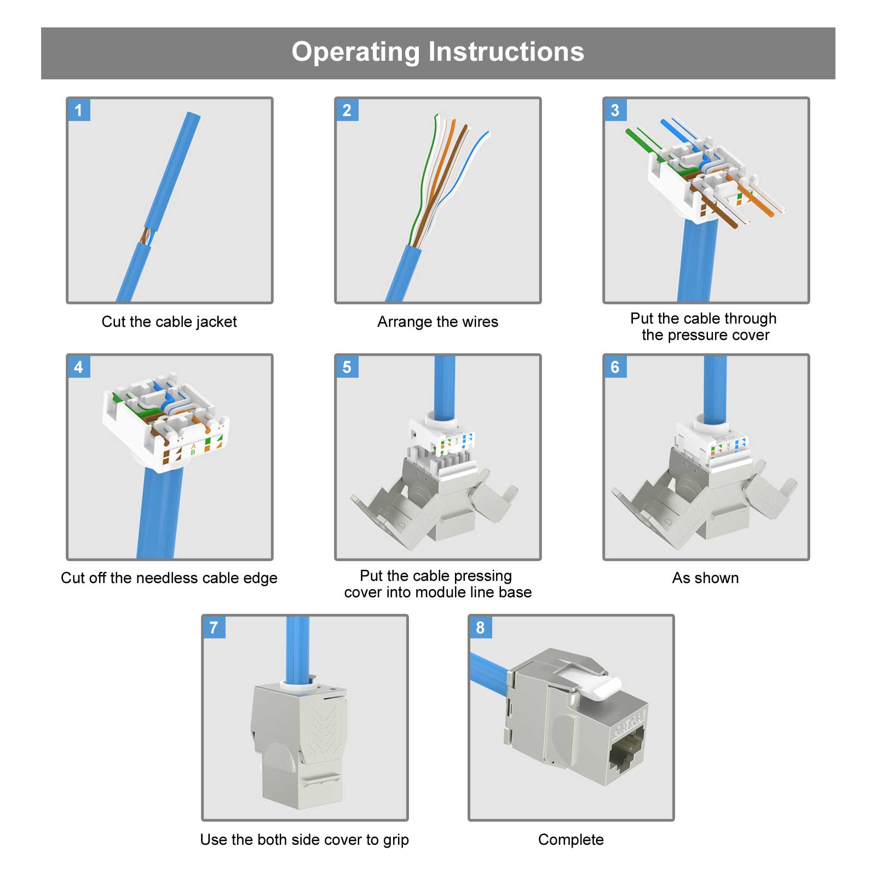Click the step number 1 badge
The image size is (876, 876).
click(x=78, y=110)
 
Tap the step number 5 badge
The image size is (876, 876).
click(x=347, y=367)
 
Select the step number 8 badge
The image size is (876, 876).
click(x=480, y=627)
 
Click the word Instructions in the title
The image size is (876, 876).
click(x=506, y=52)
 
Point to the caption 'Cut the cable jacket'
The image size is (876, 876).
click(x=169, y=321)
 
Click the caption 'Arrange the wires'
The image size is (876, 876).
click(x=437, y=321)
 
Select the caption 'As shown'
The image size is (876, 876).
click(x=705, y=578)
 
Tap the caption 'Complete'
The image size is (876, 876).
click(x=570, y=839)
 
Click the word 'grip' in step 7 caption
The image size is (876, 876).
click(x=395, y=840)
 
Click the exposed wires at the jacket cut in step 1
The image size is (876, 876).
click(x=146, y=237)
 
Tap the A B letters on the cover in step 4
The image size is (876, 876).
click(x=193, y=449)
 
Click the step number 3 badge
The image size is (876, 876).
click(x=615, y=110)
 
